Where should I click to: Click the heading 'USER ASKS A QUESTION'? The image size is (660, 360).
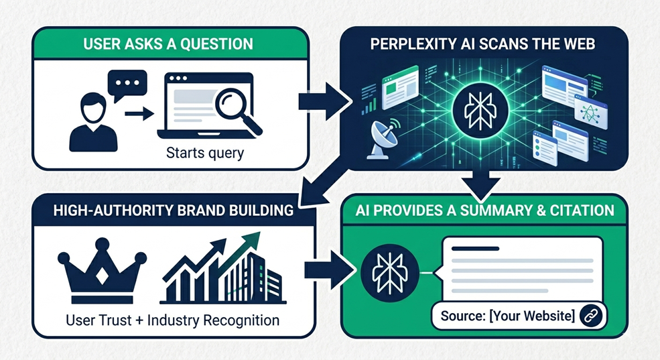pyautogui.click(x=169, y=45)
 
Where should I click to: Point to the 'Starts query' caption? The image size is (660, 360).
pyautogui.click(x=205, y=153)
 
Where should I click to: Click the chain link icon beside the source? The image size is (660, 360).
pyautogui.click(x=592, y=315)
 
